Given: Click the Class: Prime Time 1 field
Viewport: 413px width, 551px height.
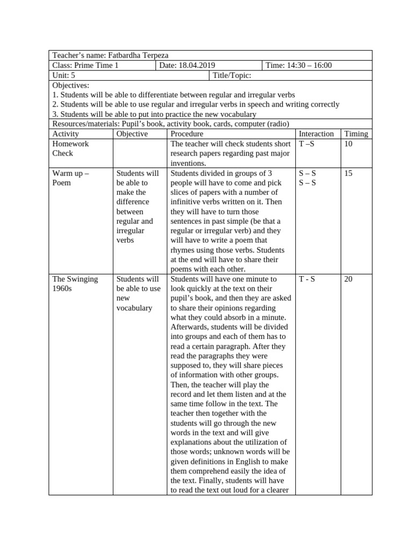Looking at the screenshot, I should pos(85,65).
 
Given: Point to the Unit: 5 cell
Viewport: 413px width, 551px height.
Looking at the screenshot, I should pos(63,75).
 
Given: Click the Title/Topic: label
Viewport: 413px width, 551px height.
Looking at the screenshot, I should pos(232,75).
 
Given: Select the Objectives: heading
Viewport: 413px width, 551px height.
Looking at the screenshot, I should pos(70,85).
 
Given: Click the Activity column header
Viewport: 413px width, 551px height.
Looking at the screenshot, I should pos(66,133).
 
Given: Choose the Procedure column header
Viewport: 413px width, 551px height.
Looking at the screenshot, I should pos(187,133).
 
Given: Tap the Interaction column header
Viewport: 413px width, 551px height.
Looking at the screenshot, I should pos(316,133).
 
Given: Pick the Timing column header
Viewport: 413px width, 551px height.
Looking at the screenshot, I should pos(356,133).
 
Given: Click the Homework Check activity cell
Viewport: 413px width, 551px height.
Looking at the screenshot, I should pos(70,149).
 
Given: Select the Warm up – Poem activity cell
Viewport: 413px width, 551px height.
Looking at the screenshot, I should pos(70,178).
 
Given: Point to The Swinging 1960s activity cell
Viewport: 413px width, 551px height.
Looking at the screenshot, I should pos(75,284).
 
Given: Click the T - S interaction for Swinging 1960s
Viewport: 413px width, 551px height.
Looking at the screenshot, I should pos(307,279).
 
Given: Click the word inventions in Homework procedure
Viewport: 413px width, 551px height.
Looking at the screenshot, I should pos(188,163).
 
